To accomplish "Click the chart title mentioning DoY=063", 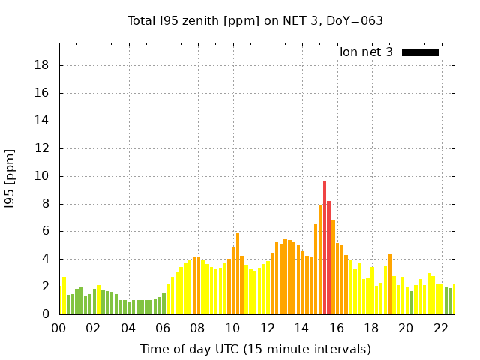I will click(256, 20).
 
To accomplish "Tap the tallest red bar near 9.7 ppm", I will click(325, 247).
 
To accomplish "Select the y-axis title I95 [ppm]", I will click(10, 178).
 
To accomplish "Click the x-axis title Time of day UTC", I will click(256, 349).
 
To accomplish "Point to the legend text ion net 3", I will click(366, 52).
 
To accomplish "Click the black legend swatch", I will click(420, 52).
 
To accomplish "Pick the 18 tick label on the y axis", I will click(43, 65).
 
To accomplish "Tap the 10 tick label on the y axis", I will click(43, 176).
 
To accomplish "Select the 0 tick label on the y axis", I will click(46, 314).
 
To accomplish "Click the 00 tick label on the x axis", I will click(59, 328).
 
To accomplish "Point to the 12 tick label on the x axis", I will click(267, 328).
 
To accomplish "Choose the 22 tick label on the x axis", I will click(440, 328).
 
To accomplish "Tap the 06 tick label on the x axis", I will click(163, 328).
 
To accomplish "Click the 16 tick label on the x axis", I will click(336, 328).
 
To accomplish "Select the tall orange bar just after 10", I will click(238, 274).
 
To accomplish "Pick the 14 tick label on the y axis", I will click(43, 121).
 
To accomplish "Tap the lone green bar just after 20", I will click(411, 302).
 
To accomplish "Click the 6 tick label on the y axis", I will click(46, 231).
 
